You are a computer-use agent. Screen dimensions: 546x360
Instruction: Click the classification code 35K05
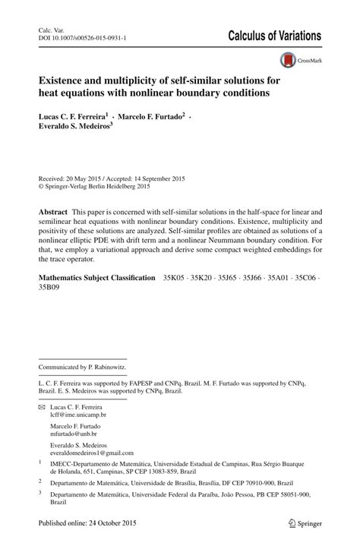point(174,258)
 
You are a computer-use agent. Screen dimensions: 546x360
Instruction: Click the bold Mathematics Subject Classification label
point(96,258)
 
